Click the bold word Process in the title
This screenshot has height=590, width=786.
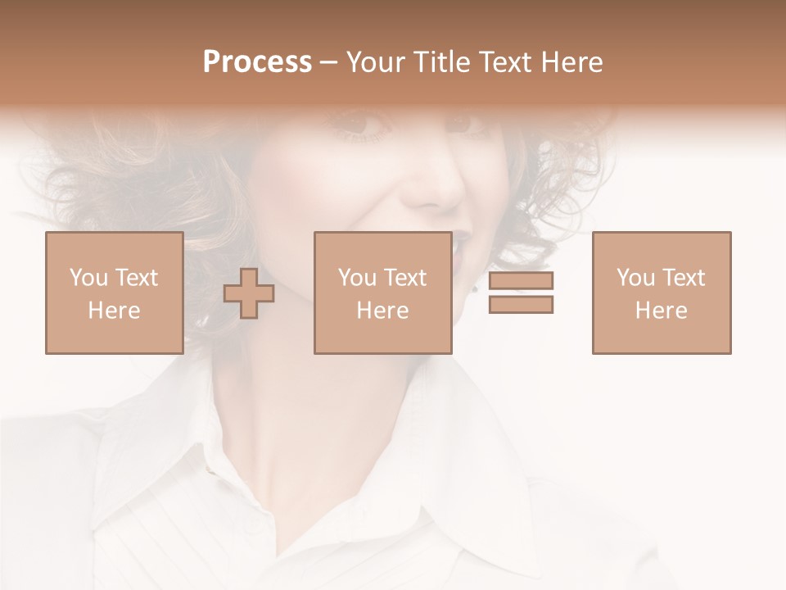(257, 61)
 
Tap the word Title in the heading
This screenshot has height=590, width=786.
(441, 61)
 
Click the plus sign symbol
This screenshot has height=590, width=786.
(249, 293)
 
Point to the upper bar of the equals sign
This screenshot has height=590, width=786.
(521, 281)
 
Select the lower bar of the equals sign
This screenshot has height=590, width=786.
(521, 305)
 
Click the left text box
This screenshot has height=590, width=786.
(114, 293)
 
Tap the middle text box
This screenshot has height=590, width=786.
(382, 293)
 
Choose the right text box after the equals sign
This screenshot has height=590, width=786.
(661, 293)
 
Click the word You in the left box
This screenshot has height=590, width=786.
(88, 278)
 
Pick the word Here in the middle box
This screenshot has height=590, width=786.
(382, 311)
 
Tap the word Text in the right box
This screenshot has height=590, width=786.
(684, 278)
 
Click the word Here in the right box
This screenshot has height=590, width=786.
(661, 311)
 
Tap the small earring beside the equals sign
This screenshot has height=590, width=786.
(476, 288)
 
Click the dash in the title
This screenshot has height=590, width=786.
(329, 63)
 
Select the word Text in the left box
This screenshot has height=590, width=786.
(137, 278)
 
